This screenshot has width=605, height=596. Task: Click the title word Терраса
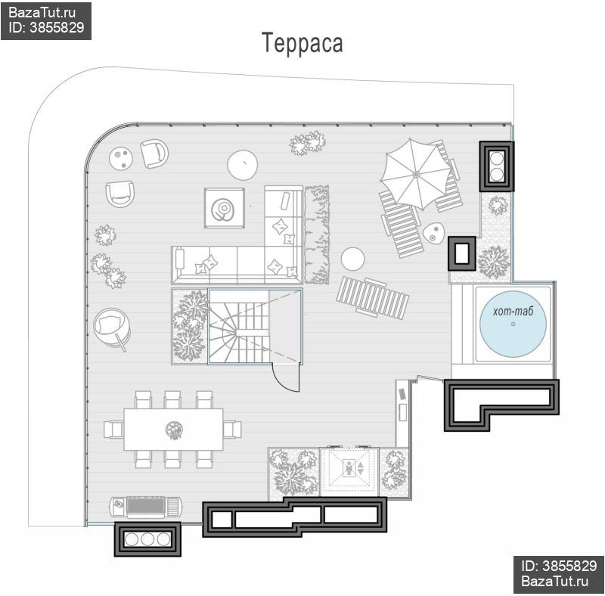pyautogui.click(x=302, y=42)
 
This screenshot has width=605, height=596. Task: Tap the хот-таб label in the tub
pyautogui.click(x=513, y=311)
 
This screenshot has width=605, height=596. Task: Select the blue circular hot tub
pyautogui.click(x=513, y=324)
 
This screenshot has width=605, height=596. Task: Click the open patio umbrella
pyautogui.click(x=416, y=175)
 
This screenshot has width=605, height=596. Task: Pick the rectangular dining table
pyautogui.click(x=173, y=430)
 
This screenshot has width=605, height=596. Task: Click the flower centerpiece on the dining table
pyautogui.click(x=174, y=430)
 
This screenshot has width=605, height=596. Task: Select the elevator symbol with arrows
pyautogui.click(x=349, y=468)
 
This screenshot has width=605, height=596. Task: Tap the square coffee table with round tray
pyautogui.click(x=224, y=208)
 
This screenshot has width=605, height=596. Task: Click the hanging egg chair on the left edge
pyautogui.click(x=112, y=327)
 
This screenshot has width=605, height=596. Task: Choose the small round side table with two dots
pyautogui.click(x=121, y=158)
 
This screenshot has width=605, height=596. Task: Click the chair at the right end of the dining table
pyautogui.click(x=232, y=430)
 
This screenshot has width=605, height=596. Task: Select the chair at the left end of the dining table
pyautogui.click(x=114, y=430)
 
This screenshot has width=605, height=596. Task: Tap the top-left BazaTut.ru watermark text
pyautogui.click(x=42, y=12)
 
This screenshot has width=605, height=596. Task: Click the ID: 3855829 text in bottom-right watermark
pyautogui.click(x=559, y=566)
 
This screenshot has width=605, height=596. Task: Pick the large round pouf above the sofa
pyautogui.click(x=242, y=164)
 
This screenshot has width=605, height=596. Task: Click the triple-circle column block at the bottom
pyautogui.click(x=147, y=539)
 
